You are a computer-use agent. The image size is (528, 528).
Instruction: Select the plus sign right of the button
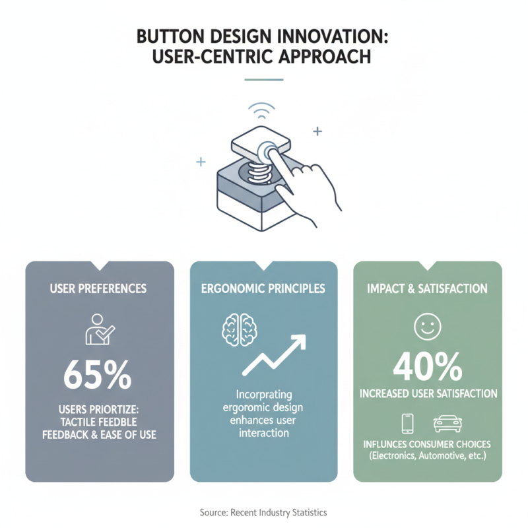[x=317, y=132]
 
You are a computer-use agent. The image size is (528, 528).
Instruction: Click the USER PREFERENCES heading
[x=100, y=288]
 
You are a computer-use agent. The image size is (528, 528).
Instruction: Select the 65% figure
[x=100, y=374]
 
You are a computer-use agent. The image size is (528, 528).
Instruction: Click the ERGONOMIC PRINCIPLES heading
[x=264, y=288]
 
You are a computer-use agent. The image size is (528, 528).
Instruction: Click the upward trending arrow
[x=275, y=354]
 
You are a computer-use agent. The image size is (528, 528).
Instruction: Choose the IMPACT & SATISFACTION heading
[x=428, y=288]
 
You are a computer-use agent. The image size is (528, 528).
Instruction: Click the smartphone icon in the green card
[x=408, y=422]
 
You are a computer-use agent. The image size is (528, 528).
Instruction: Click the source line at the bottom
[x=263, y=512]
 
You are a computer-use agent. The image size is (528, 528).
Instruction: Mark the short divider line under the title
[x=263, y=81]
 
